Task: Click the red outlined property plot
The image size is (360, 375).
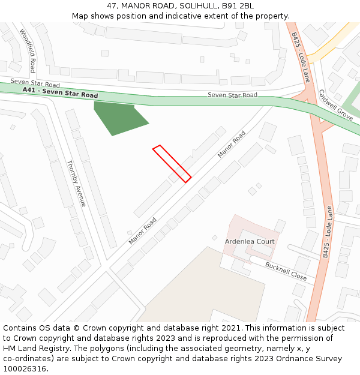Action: tap(172, 163)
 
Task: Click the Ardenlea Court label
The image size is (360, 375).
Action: tap(250, 241)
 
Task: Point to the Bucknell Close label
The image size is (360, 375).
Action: tap(286, 272)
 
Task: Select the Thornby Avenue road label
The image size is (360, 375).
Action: tap(77, 183)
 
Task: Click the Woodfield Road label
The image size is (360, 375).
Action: tap(28, 51)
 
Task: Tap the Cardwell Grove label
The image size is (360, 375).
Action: tap(335, 105)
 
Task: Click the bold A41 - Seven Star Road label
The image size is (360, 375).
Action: tap(60, 92)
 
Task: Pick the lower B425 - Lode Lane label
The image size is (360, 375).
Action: tap(327, 232)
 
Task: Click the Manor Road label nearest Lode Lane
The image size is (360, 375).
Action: tap(232, 145)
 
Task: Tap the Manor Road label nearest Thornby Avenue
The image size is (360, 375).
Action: tap(142, 231)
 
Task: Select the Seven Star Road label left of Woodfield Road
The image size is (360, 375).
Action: tap(35, 83)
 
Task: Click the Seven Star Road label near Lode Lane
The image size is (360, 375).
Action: tap(232, 95)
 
